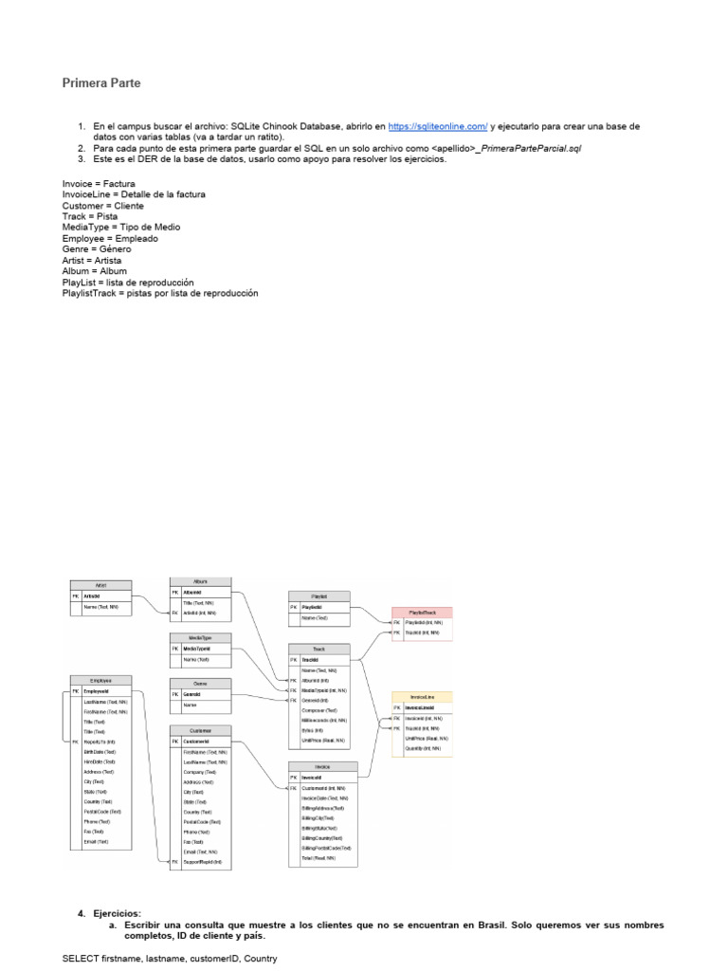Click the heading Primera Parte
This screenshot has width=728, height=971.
[101, 83]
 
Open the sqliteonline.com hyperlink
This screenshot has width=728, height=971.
[438, 126]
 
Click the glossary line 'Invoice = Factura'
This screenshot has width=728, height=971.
[99, 183]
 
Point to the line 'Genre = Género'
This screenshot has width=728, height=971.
[95, 249]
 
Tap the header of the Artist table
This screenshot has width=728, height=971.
[100, 585]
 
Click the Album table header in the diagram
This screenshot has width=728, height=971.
[200, 580]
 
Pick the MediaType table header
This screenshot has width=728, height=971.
[200, 638]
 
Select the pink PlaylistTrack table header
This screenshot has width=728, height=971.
[422, 612]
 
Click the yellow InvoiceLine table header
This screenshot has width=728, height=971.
[422, 697]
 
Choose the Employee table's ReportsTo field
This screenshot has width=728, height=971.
[100, 742]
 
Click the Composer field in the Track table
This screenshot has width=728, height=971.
[318, 710]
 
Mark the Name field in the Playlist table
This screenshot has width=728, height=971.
[315, 618]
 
